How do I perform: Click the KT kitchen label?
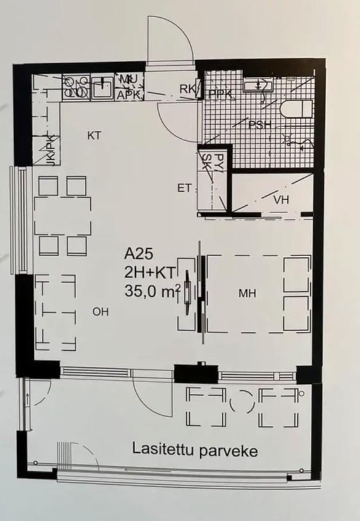point(94,136)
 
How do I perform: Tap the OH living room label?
point(101,311)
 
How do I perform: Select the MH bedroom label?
point(248,293)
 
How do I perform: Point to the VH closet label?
point(281,200)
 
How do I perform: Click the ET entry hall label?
point(184,188)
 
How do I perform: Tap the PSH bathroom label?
point(260,125)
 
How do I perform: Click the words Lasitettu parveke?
point(195,451)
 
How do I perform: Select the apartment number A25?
point(139,254)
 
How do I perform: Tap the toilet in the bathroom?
point(297,109)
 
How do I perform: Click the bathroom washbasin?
point(257,85)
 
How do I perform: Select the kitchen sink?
point(103,87)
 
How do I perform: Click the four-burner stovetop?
point(76,87)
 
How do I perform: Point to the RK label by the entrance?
point(187,89)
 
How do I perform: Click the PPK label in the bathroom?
point(220,95)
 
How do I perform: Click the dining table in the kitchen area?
point(63,216)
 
